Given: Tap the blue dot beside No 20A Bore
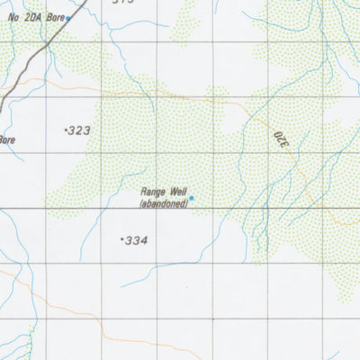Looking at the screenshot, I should pos(68,17).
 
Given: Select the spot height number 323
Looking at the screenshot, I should pos(81,130).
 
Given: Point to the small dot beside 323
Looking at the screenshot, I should pos(67,130).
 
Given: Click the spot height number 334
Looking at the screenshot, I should pos(136,240).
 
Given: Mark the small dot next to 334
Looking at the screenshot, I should pos(121,239).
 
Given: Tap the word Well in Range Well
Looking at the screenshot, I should pos(175,192).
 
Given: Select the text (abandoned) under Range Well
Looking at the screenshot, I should pos(164,203).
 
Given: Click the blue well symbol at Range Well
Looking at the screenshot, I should pos(191,198).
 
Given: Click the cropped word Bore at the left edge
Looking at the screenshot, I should pos(7,139).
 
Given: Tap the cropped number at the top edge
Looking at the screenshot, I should pos(123,3).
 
